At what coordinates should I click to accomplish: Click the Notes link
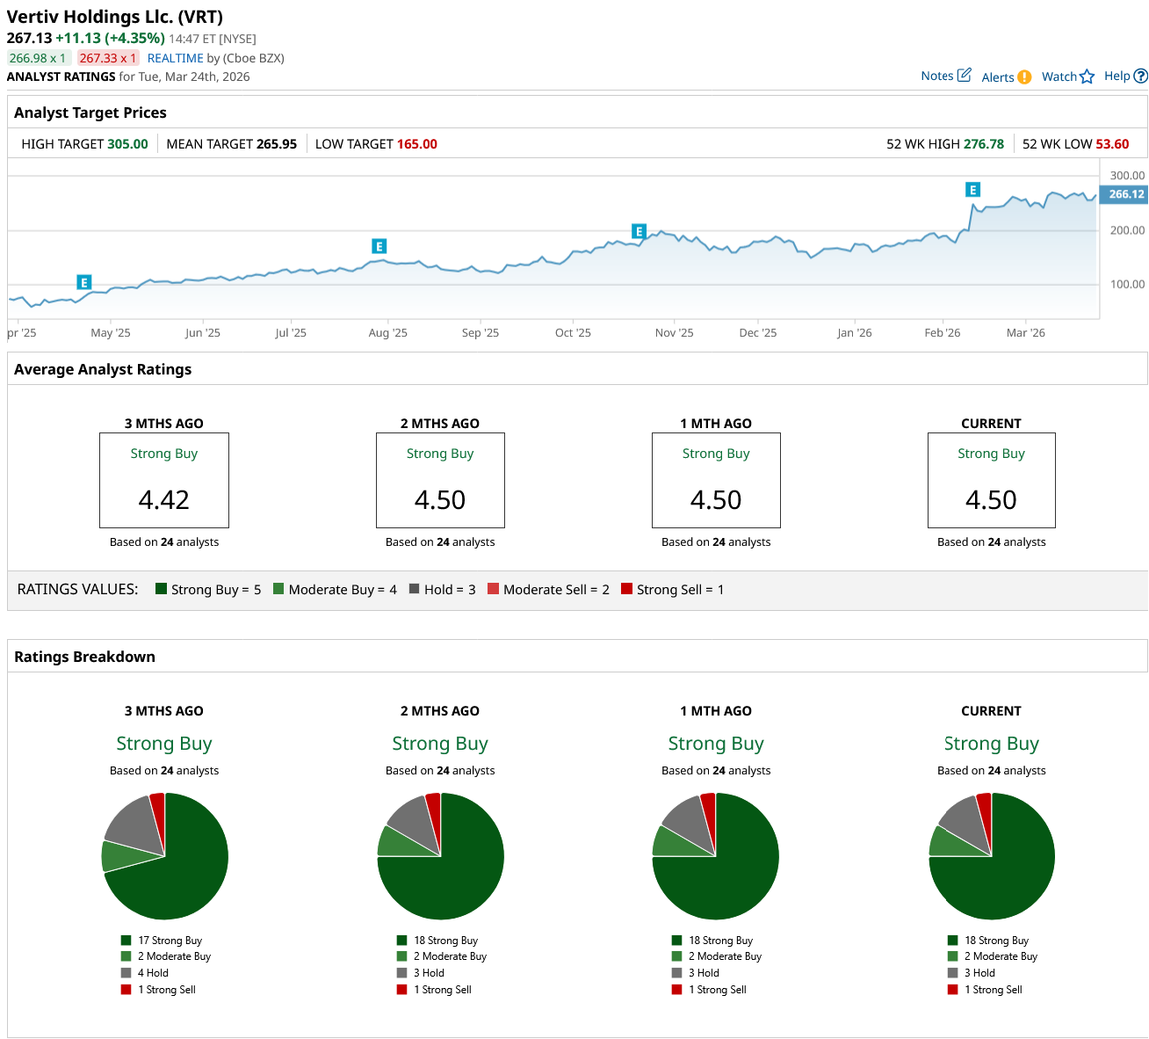[945, 76]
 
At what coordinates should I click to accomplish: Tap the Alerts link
[1006, 77]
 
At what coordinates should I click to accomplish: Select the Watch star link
[1067, 76]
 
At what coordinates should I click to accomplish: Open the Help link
[1125, 76]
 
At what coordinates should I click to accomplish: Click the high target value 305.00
[127, 144]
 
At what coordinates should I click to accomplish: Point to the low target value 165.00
[416, 144]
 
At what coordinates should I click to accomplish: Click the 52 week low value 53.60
[1112, 144]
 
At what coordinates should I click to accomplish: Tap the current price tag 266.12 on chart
[1125, 194]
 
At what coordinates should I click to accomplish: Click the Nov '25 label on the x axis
[674, 333]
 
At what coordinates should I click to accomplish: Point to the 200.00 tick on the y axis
[1127, 230]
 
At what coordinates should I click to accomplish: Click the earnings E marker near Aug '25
[379, 246]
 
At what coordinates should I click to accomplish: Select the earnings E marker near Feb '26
[972, 190]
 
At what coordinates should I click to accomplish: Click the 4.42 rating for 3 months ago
[164, 499]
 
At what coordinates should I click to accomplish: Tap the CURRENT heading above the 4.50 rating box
[991, 424]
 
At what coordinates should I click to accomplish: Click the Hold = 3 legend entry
[442, 590]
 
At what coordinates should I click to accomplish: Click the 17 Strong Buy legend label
[170, 941]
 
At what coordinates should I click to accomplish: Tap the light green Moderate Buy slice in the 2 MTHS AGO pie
[397, 842]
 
